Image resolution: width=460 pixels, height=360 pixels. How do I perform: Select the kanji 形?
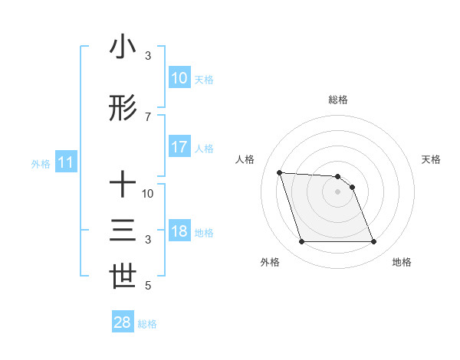click(x=123, y=108)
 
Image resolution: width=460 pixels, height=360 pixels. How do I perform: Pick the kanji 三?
click(x=123, y=231)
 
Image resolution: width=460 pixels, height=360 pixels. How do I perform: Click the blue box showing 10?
click(x=179, y=78)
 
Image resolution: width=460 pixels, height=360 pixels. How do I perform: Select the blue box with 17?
click(x=179, y=147)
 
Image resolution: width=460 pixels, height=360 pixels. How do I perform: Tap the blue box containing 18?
click(x=179, y=232)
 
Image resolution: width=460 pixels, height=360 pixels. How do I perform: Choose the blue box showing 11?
click(x=65, y=162)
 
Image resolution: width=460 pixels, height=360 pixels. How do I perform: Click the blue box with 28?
click(x=123, y=322)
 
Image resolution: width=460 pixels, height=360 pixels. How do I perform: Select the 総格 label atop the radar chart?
click(x=337, y=100)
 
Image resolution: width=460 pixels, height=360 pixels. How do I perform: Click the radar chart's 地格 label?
click(x=402, y=263)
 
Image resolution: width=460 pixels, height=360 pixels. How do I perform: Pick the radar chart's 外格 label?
click(x=270, y=263)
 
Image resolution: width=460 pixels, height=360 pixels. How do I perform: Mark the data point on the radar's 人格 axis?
click(x=280, y=172)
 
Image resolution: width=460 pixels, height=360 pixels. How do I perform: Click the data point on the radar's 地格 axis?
click(x=373, y=242)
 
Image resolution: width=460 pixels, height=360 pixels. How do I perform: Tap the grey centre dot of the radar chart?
click(x=337, y=191)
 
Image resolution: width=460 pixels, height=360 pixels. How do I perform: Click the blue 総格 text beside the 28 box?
click(x=147, y=324)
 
